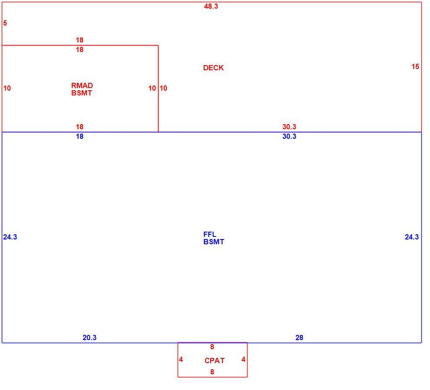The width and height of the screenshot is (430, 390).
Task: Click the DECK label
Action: (213, 68)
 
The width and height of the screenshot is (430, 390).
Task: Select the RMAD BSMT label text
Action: (82, 89)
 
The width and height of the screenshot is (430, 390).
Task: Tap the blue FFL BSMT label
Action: (214, 238)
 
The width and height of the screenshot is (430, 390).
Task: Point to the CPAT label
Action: (215, 361)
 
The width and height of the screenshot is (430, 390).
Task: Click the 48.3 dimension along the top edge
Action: (211, 7)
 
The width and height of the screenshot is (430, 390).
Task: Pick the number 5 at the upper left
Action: (5, 23)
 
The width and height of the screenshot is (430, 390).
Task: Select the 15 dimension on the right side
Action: (415, 66)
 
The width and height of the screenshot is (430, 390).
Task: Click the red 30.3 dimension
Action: (289, 127)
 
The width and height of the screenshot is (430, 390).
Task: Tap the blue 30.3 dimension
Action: (289, 136)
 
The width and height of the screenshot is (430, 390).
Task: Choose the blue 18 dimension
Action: (79, 136)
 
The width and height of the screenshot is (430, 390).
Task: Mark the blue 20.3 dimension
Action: (89, 338)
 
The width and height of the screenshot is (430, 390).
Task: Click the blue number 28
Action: (299, 338)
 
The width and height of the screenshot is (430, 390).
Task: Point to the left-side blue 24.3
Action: (10, 237)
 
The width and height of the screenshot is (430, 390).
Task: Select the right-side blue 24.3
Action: (412, 237)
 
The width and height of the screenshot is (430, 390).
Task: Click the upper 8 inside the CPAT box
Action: (212, 347)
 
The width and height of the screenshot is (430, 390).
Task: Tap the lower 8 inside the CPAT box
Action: (212, 372)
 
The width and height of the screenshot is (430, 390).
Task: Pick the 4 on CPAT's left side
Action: (181, 359)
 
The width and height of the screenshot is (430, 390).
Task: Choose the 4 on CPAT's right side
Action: (244, 359)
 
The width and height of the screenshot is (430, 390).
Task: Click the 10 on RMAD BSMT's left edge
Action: (7, 88)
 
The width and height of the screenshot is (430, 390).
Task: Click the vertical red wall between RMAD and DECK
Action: (158, 89)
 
